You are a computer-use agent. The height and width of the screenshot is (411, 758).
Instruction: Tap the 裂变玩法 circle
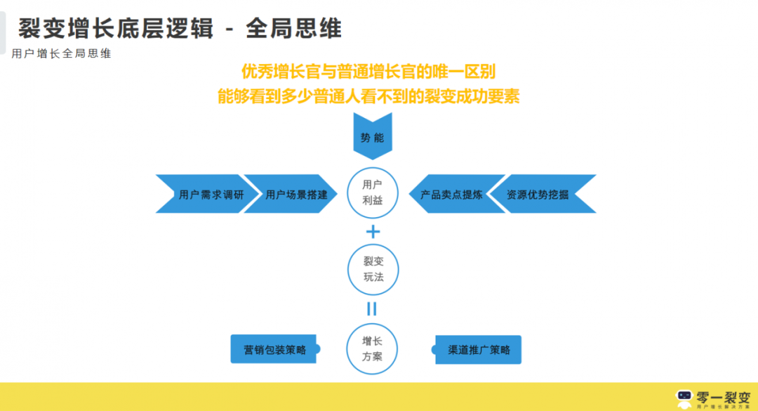pos(373,269)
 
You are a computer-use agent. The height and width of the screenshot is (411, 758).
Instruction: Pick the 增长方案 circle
pos(373,348)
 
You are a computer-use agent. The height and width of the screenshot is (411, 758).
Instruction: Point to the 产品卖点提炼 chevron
pos(451,194)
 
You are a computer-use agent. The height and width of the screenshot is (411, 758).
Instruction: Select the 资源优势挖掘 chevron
pos(538,194)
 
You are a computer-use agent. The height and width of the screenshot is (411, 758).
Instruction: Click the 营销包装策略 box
pos(274,349)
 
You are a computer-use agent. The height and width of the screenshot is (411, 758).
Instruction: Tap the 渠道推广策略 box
pos(478,349)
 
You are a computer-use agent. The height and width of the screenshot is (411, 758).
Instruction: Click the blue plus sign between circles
pos(373,232)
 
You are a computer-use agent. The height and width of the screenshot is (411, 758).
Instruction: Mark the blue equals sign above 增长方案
pos(372,308)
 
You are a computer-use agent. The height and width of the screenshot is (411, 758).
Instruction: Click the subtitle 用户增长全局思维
pos(62,53)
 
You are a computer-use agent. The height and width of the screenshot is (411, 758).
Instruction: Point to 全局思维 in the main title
pos(294,28)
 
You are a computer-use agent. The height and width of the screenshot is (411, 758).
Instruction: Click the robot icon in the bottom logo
pos(684,399)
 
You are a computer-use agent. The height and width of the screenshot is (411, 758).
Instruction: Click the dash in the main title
pos(227,30)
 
